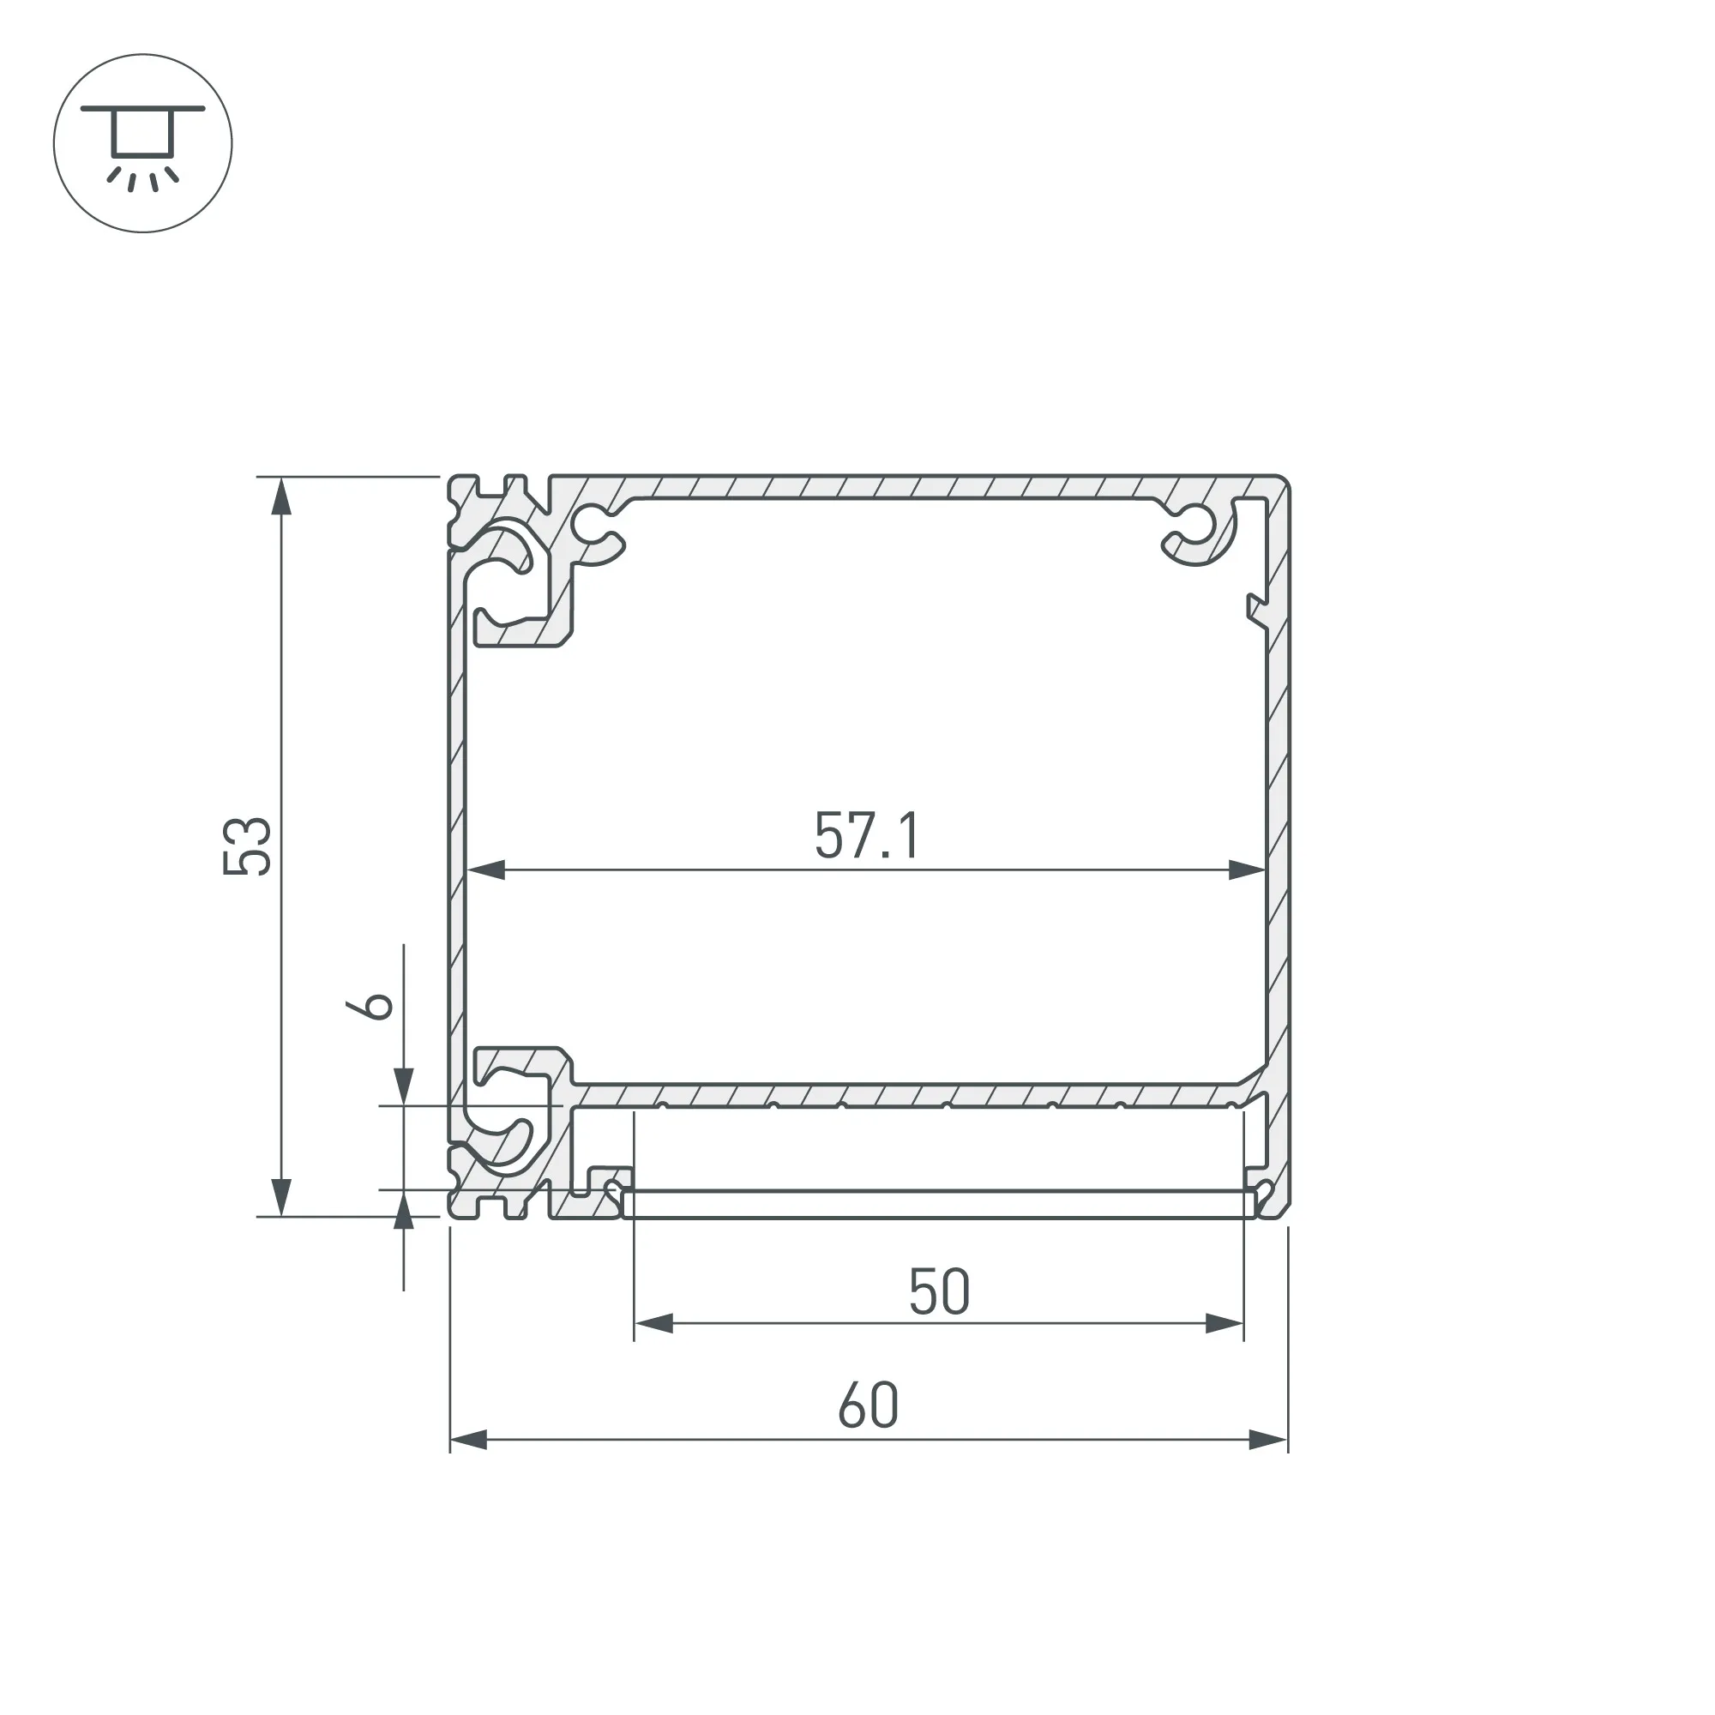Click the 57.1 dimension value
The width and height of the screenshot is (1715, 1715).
coord(867,835)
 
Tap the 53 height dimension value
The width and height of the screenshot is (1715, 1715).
coord(247,846)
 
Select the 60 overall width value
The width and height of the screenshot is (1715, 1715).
coord(868,1405)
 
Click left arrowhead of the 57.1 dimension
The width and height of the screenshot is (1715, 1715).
coord(485,870)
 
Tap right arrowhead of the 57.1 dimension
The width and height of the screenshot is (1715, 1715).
coord(1247,870)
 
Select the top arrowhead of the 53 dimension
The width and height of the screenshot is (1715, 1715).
coord(281,496)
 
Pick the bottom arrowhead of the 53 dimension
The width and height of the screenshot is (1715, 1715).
coord(281,1197)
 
